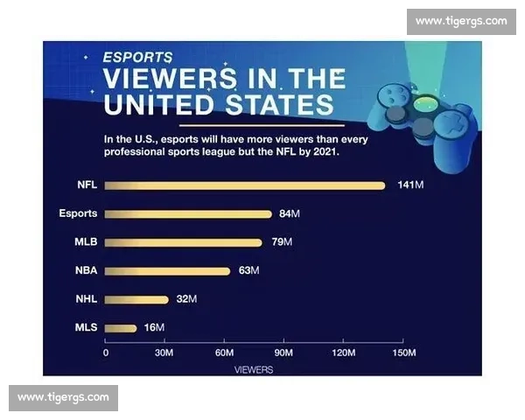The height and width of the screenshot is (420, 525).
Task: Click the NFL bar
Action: click(245, 185)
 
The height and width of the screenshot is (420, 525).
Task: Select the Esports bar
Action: click(188, 214)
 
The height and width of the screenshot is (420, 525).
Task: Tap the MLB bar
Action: click(183, 242)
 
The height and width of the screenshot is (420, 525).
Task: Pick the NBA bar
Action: click(167, 271)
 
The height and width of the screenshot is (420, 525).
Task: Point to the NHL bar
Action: click(136, 300)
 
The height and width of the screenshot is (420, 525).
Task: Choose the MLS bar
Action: click(121, 328)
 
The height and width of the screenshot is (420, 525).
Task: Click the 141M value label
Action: click(410, 185)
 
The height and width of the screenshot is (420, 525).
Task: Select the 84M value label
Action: click(290, 213)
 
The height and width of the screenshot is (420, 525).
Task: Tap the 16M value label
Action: click(154, 327)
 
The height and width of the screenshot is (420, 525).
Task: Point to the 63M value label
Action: click(248, 270)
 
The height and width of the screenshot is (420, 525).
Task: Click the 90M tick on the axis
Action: click(283, 341)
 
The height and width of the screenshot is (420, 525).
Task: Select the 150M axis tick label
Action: click(404, 353)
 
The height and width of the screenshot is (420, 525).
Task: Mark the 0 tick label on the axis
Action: click(106, 353)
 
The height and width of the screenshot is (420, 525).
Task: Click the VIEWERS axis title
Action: click(254, 370)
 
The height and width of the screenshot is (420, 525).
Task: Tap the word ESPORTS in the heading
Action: click(137, 57)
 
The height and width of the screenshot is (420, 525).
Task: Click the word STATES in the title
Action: click(280, 104)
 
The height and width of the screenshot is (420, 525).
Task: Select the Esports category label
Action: click(78, 213)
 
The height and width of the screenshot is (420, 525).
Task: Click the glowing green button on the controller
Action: click(425, 103)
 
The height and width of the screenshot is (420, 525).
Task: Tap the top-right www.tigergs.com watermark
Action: click(461, 21)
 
